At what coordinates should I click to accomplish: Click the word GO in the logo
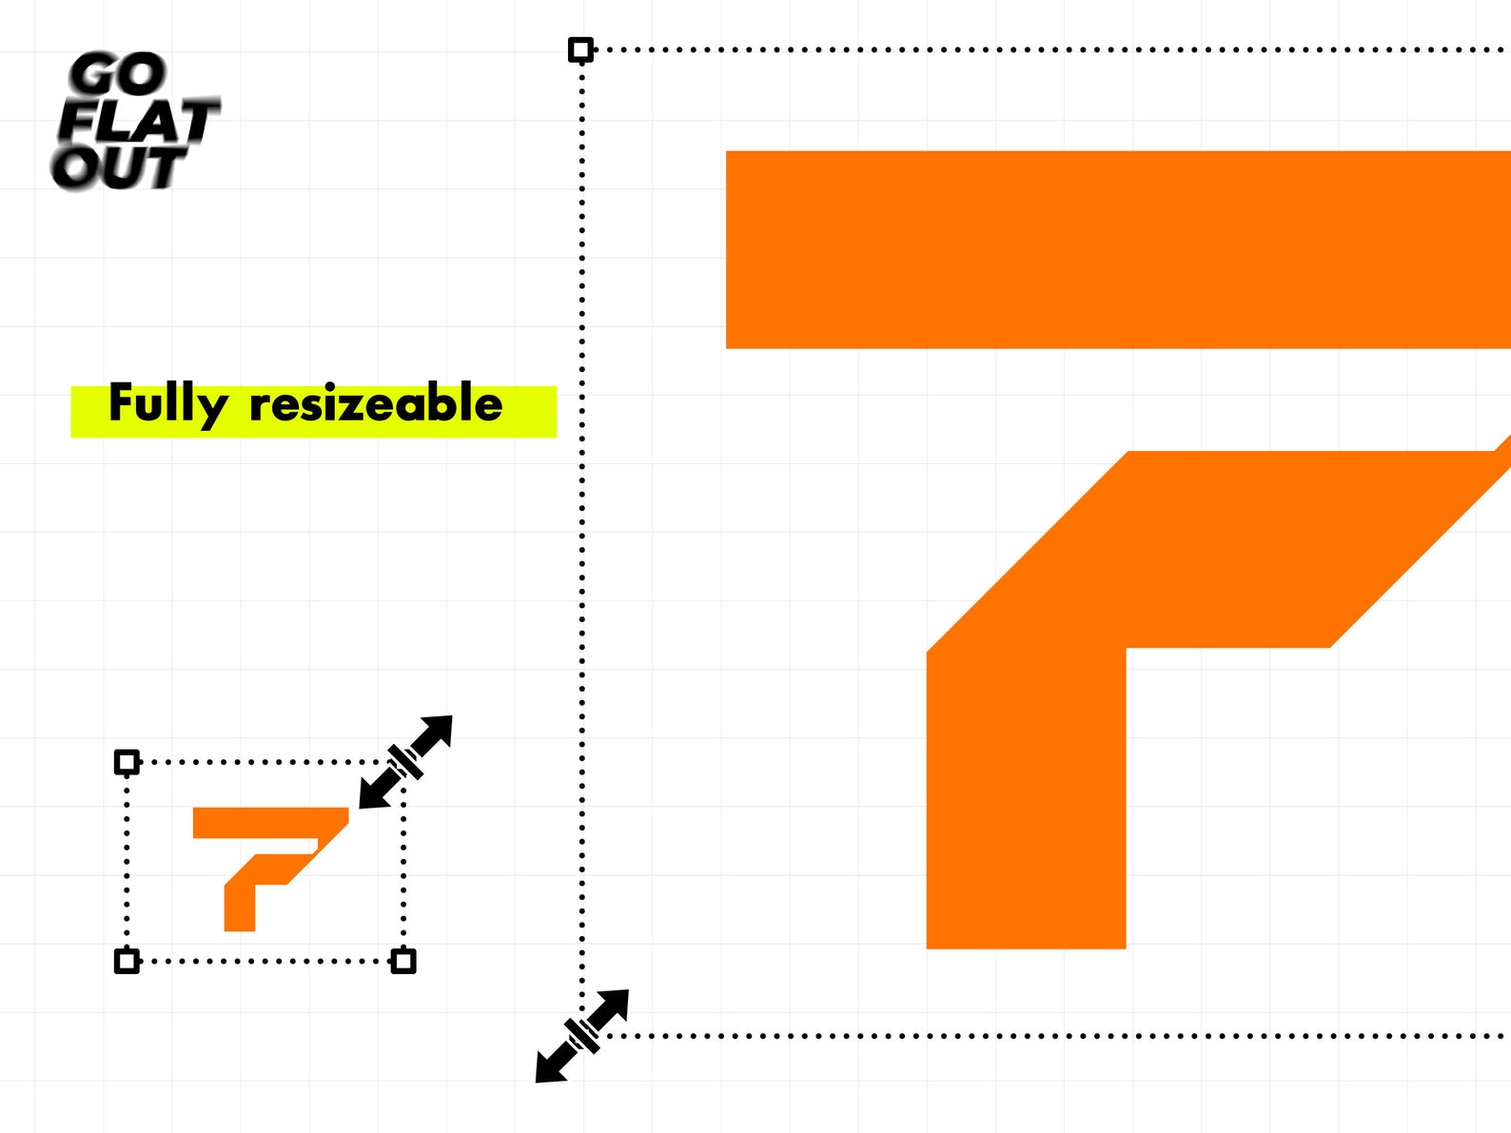[118, 73]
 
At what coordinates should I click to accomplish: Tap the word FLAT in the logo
[138, 121]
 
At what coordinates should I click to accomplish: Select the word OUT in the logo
[118, 167]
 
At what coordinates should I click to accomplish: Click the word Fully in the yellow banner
[168, 405]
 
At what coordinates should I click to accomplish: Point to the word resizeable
[376, 403]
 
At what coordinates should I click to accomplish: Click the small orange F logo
[270, 869]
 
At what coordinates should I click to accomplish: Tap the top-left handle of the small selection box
[127, 762]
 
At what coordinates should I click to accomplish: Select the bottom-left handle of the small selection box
[127, 961]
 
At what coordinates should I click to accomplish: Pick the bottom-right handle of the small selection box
[403, 961]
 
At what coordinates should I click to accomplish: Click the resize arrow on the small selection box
[406, 762]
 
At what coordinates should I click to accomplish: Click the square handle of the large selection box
[581, 49]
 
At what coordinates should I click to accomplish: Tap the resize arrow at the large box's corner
[582, 1036]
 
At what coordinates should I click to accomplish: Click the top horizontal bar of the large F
[1119, 249]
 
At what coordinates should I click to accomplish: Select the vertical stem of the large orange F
[1027, 798]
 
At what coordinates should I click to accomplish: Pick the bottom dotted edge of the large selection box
[1060, 1036]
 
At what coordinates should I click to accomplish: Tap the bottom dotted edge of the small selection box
[265, 961]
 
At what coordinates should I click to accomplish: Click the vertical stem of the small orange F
[240, 908]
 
